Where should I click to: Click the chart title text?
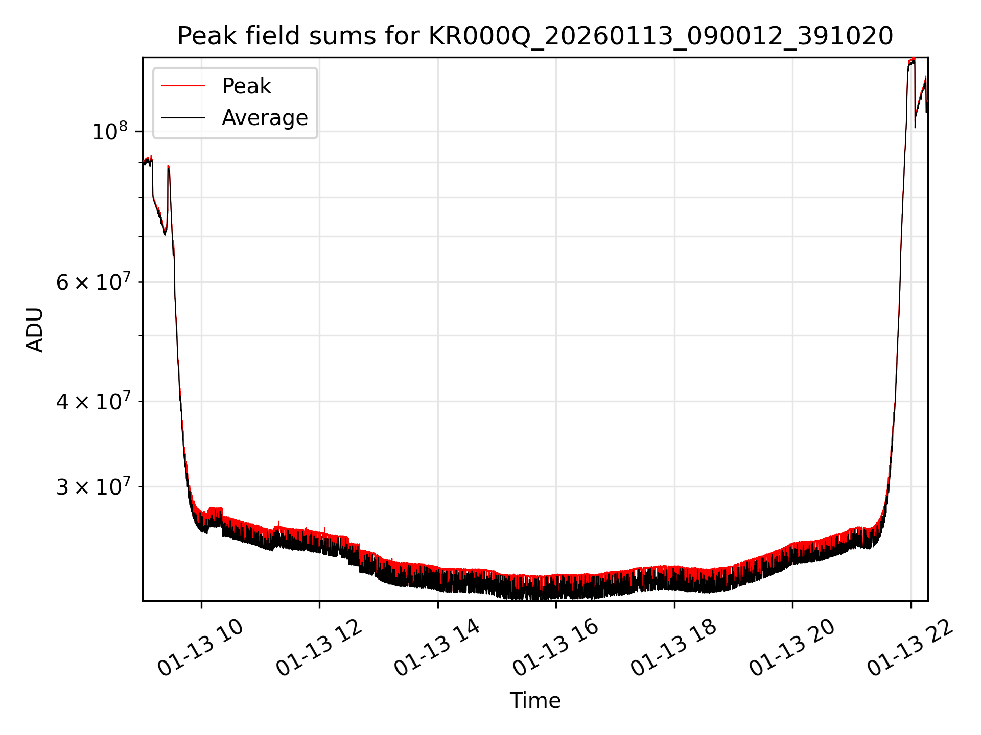tap(535, 36)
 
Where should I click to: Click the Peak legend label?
tap(246, 86)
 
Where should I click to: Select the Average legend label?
tap(265, 118)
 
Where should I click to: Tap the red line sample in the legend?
tap(183, 86)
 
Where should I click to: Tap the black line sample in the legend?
tap(183, 118)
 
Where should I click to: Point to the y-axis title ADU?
tap(35, 330)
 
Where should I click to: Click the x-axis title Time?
tap(535, 701)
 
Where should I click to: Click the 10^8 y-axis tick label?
tap(109, 132)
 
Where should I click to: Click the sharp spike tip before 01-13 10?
tap(169, 166)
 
